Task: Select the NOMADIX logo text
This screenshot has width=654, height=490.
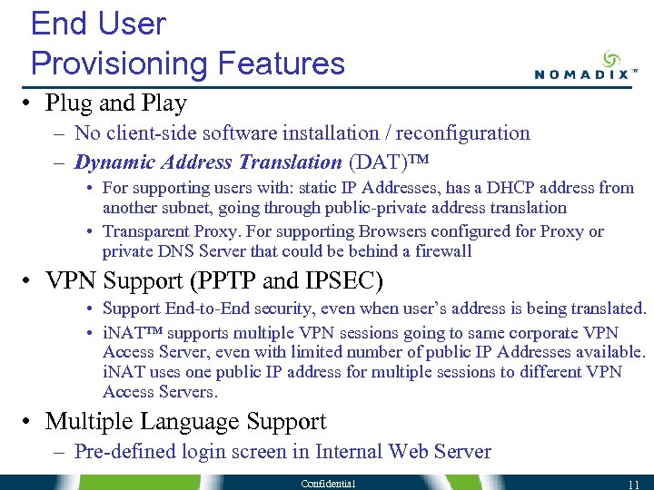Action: [x=580, y=75]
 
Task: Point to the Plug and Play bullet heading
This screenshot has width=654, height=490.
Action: [x=115, y=103]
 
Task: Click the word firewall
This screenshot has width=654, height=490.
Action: [x=441, y=250]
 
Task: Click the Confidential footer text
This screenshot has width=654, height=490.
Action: [x=329, y=483]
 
